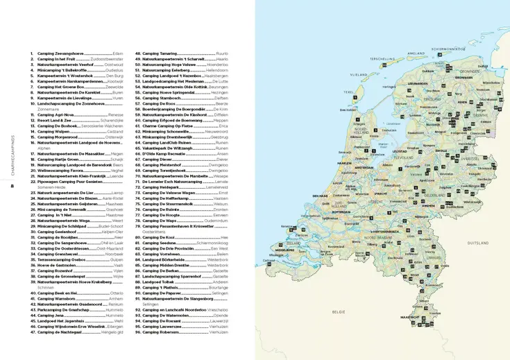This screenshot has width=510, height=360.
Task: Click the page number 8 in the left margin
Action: [x=12, y=185]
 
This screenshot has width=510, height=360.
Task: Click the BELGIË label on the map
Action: [x=338, y=312]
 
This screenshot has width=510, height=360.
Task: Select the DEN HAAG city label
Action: [x=320, y=196]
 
